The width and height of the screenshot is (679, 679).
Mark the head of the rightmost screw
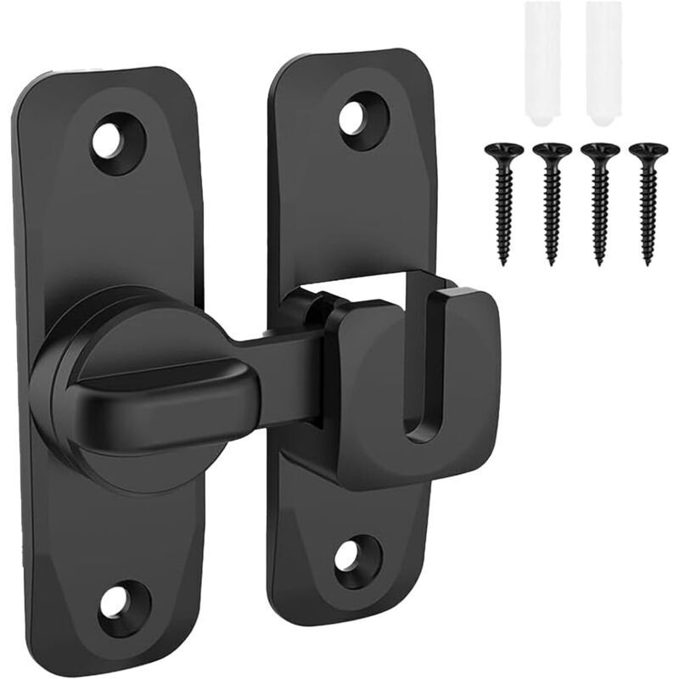tap(648, 150)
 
